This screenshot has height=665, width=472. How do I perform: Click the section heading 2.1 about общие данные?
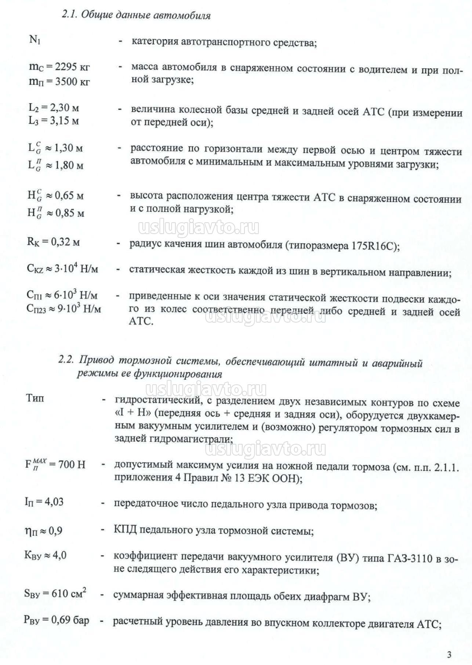(x=136, y=16)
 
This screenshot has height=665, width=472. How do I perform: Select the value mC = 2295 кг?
(x=59, y=67)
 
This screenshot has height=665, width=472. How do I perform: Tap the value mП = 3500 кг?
(x=59, y=81)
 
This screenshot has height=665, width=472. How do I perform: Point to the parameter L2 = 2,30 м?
(x=54, y=108)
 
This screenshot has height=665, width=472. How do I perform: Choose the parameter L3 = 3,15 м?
(x=54, y=121)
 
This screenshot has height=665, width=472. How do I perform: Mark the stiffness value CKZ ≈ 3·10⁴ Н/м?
(x=62, y=269)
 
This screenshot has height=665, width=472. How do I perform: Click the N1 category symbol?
(x=35, y=40)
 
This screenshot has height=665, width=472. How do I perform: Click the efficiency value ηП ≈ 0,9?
(x=43, y=531)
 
